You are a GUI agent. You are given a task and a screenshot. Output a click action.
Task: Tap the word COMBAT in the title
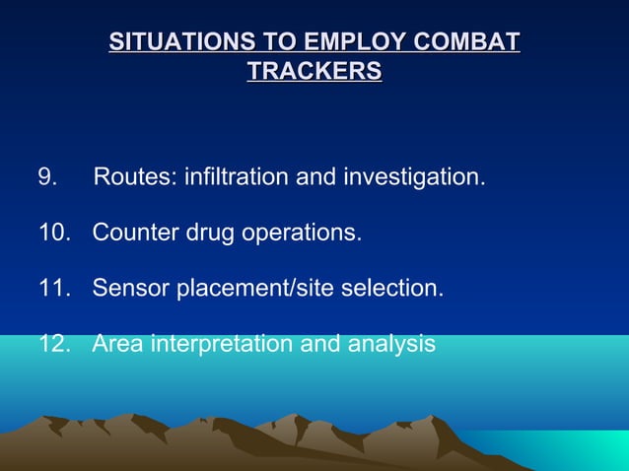click(466, 41)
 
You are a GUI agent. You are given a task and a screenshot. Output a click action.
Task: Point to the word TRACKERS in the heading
click(314, 71)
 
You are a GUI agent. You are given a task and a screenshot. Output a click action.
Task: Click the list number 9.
click(47, 176)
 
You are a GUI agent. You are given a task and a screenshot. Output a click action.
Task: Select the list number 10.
click(55, 232)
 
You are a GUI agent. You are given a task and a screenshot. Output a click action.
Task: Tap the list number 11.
click(55, 288)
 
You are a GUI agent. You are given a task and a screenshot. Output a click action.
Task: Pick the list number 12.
click(55, 343)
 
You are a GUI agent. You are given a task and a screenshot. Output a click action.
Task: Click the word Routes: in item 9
click(135, 176)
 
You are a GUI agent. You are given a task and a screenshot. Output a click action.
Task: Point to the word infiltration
click(237, 176)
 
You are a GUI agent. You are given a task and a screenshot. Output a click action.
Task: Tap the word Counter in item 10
click(135, 232)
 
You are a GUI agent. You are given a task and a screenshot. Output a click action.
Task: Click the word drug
click(210, 234)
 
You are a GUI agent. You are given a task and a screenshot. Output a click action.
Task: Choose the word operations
click(302, 235)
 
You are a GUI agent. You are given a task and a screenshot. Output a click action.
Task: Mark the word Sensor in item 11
click(131, 288)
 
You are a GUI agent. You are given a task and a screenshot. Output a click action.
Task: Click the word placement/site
click(255, 289)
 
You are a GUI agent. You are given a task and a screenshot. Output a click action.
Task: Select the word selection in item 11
click(392, 288)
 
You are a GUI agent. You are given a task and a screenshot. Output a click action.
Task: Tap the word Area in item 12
click(117, 343)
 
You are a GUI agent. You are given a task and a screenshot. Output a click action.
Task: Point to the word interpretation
click(221, 345)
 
